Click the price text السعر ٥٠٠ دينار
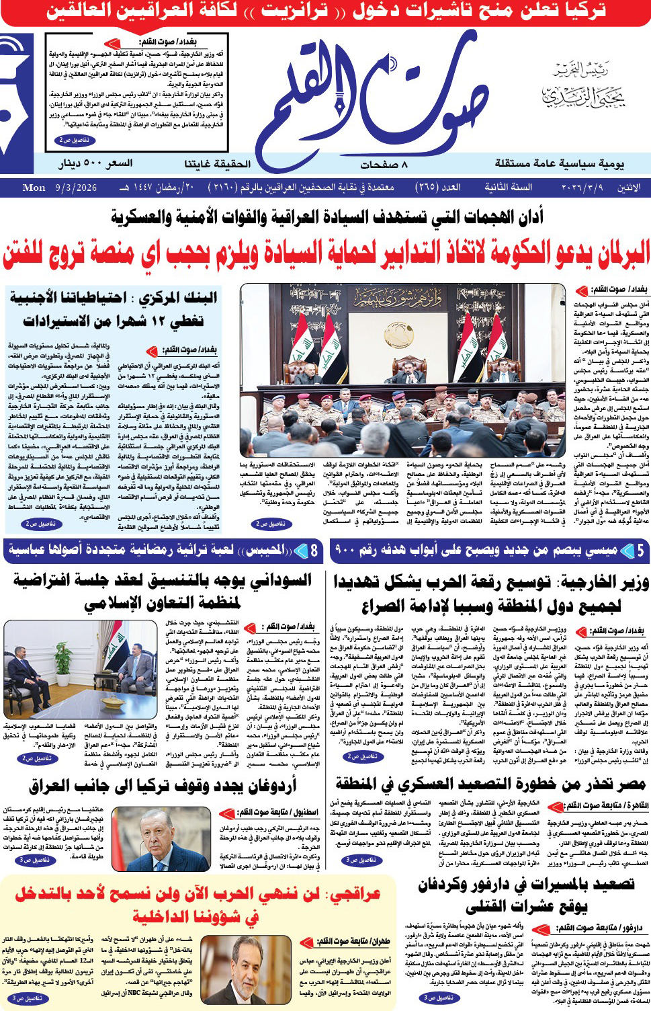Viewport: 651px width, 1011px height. point(95,163)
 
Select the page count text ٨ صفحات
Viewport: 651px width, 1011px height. point(384,164)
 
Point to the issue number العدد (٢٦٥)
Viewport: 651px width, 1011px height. point(437,188)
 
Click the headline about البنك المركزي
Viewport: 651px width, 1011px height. point(114,309)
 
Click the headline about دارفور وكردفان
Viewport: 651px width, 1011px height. point(526,895)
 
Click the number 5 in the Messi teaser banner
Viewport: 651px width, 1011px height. point(640,551)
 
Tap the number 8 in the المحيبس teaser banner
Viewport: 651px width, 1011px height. point(314,551)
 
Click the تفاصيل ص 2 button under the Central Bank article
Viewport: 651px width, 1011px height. point(40,523)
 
